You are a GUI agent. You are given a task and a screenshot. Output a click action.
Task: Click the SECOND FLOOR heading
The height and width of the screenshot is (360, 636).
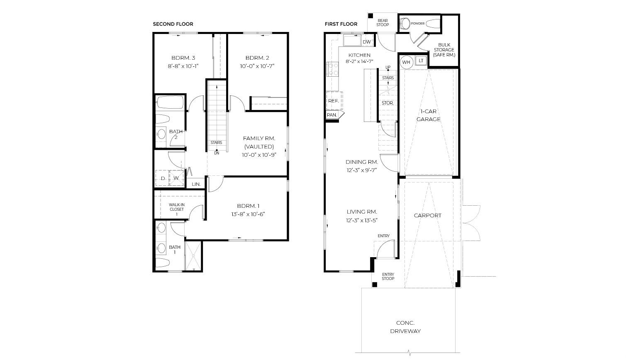point(173,24)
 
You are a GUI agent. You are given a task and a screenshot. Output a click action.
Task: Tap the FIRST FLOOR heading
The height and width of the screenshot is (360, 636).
point(341,24)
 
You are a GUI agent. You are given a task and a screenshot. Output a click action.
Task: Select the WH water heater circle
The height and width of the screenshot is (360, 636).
point(406,63)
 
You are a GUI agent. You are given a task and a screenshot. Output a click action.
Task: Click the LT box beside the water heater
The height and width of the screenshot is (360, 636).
point(421,61)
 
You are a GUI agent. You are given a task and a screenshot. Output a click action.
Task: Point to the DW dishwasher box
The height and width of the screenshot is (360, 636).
point(367,42)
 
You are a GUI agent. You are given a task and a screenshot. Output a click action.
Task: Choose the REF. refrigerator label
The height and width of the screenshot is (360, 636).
point(333,101)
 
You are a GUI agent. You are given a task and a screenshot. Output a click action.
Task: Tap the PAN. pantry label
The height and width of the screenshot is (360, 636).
point(331,115)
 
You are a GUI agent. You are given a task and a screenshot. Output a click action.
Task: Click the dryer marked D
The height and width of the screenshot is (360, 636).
point(162,178)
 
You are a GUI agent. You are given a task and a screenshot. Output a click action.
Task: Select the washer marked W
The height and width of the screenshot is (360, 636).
point(176,178)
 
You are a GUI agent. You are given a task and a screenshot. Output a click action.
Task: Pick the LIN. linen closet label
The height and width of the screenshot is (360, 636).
point(196,184)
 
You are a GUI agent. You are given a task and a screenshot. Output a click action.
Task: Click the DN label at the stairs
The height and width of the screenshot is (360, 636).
point(217,153)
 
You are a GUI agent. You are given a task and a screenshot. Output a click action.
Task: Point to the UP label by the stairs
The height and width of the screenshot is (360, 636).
point(388,67)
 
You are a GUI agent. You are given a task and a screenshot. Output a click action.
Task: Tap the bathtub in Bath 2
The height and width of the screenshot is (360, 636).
point(170,102)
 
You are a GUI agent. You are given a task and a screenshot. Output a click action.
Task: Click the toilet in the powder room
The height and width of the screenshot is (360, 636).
point(405,23)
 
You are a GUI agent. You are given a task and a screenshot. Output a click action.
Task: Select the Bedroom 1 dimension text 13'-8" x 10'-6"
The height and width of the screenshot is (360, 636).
point(248,214)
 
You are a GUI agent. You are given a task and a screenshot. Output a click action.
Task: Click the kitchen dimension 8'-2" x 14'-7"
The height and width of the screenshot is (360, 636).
point(359,61)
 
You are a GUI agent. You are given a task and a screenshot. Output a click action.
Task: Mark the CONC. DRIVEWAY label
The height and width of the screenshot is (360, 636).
point(405,327)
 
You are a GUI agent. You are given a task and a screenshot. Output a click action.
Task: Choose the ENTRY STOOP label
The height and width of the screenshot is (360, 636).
point(388,277)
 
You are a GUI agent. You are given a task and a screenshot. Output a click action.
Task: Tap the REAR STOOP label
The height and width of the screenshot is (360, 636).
point(383,23)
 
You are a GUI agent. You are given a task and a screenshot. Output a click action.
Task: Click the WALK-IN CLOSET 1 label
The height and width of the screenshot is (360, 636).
point(177,209)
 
